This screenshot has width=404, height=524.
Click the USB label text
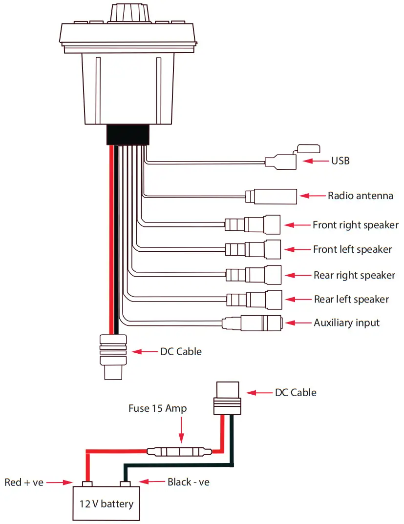tap(340, 161)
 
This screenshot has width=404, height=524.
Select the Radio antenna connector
tap(272, 196)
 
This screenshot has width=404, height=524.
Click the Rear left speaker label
tap(351, 299)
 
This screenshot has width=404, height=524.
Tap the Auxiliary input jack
tap(252, 323)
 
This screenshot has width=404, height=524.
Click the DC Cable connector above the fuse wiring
tap(228, 396)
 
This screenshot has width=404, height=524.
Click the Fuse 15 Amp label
tap(157, 408)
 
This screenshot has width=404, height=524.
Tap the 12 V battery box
tap(106, 503)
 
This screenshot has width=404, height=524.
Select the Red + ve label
tap(24, 482)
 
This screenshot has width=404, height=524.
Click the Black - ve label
tap(189, 482)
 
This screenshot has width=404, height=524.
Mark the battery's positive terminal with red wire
tap(87, 484)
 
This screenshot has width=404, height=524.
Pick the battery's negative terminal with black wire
tap(126, 484)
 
